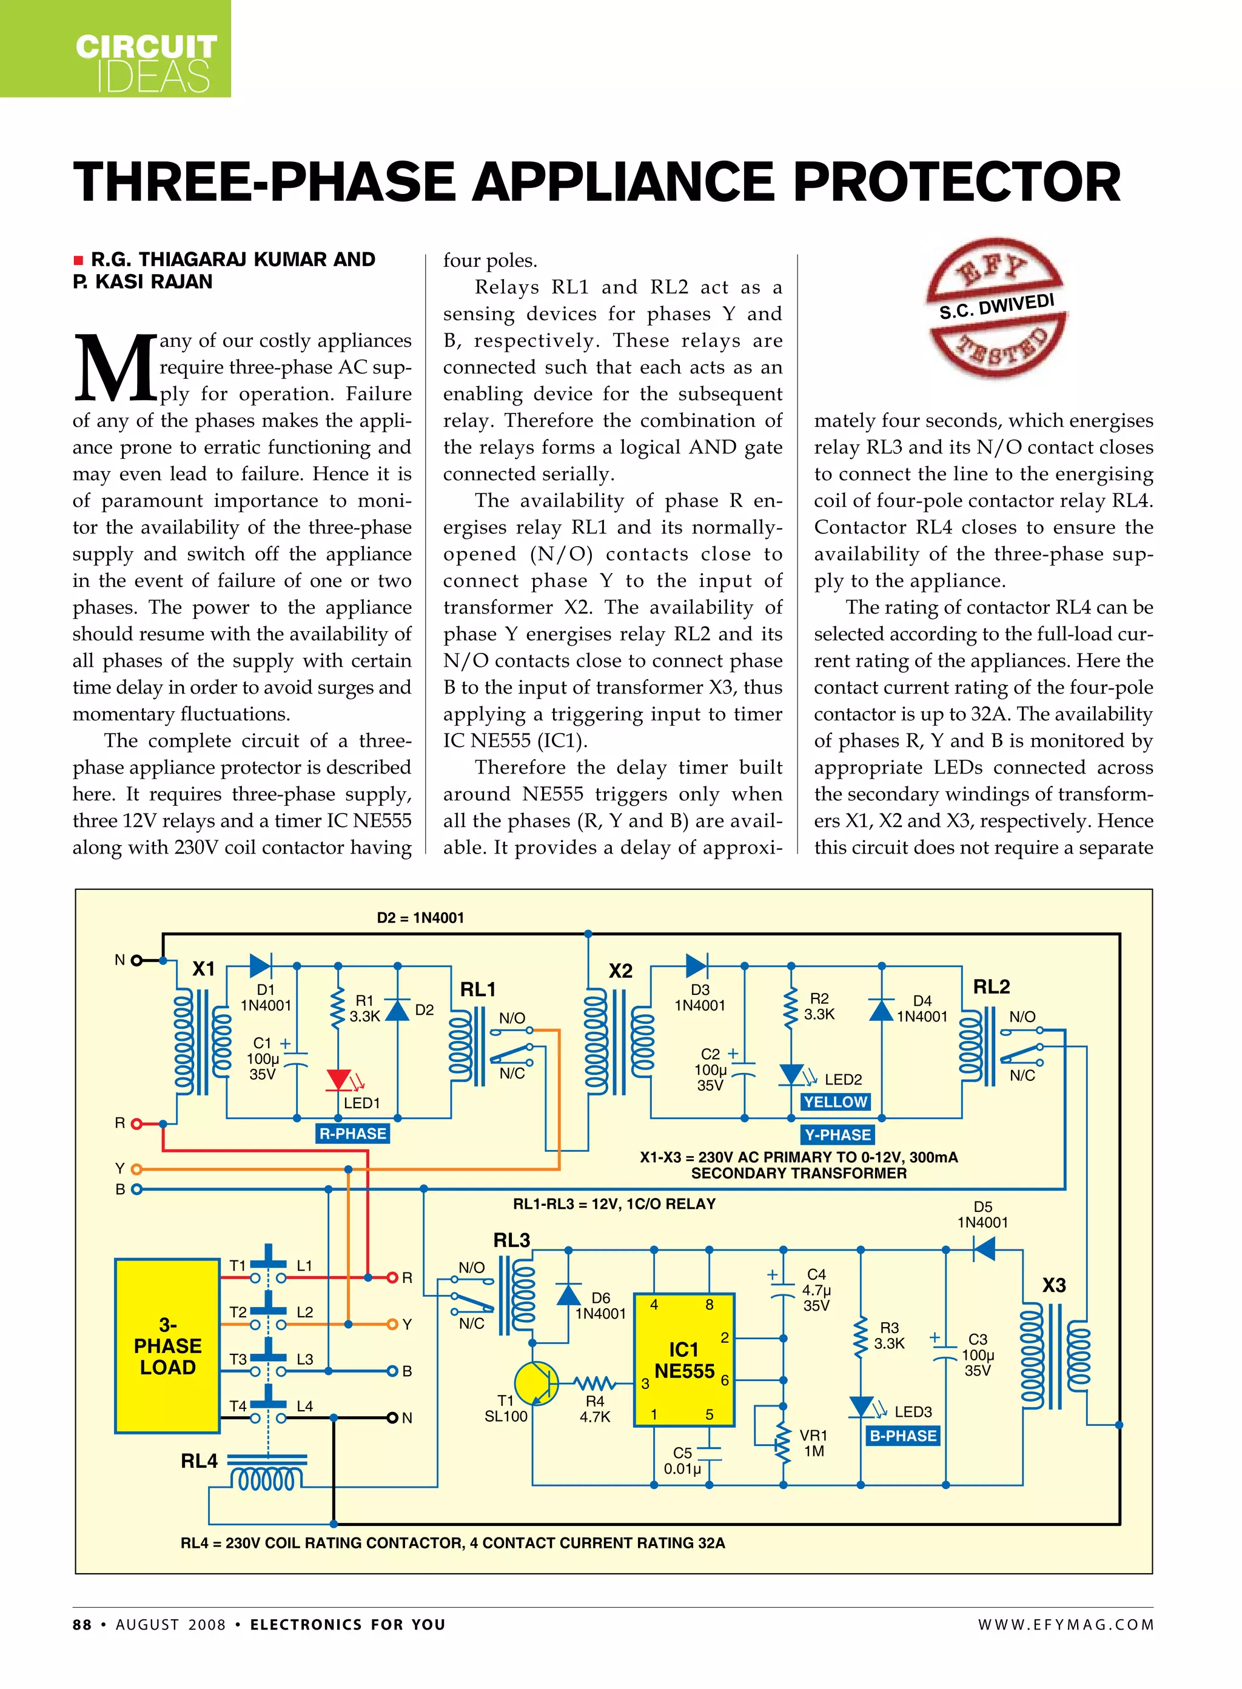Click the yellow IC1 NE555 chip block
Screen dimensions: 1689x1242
pyautogui.click(x=683, y=1360)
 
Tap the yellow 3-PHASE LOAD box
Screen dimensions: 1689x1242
pyautogui.click(x=167, y=1345)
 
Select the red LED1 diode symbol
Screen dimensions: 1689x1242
pyautogui.click(x=339, y=1080)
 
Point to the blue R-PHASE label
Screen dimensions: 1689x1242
pyautogui.click(x=352, y=1134)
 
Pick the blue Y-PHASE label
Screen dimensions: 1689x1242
pyautogui.click(x=838, y=1134)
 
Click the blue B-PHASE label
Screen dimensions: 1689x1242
pyautogui.click(x=902, y=1436)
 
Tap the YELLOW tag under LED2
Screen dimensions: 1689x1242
pyautogui.click(x=834, y=1102)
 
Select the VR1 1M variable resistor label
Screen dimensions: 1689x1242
pyautogui.click(x=813, y=1443)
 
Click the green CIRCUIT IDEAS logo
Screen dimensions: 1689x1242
pyautogui.click(x=115, y=49)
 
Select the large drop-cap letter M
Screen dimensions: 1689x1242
pyautogui.click(x=114, y=369)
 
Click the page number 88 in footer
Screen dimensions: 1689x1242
pyautogui.click(x=82, y=1624)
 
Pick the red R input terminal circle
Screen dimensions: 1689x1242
pyautogui.click(x=136, y=1124)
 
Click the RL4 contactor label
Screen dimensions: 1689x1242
pyautogui.click(x=200, y=1460)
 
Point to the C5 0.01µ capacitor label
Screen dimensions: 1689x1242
pyautogui.click(x=682, y=1460)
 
